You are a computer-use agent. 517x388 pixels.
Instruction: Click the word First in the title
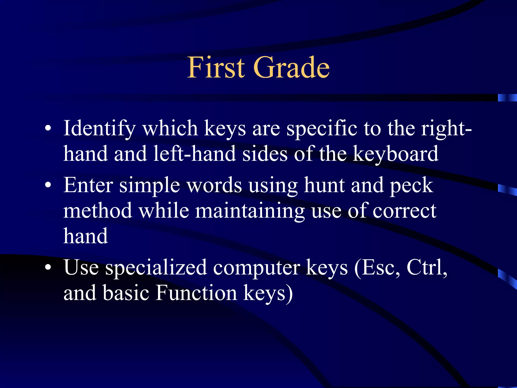[216, 67]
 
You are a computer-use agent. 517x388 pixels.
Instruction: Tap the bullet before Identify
[48, 129]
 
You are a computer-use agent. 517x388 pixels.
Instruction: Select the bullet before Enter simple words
[48, 186]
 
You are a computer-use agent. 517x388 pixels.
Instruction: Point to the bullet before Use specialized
[48, 268]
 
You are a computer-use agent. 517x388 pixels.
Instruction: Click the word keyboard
[395, 154]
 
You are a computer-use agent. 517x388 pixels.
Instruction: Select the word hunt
[324, 185]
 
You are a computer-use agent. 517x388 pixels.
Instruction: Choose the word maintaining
[250, 211]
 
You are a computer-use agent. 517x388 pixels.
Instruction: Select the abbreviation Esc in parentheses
[378, 268]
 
